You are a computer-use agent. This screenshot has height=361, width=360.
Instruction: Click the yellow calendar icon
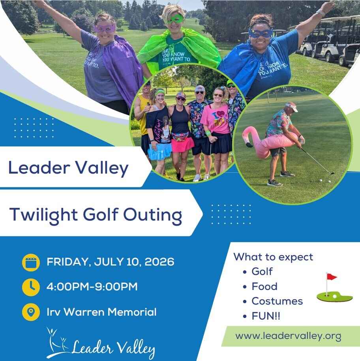tap(31, 263)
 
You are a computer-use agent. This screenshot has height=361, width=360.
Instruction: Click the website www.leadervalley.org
tap(288, 336)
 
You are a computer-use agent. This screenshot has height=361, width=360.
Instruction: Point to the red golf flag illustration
tap(331, 277)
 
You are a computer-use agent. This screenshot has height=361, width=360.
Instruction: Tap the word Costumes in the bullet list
tap(277, 301)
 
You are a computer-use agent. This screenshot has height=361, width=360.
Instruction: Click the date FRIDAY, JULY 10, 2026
tap(110, 262)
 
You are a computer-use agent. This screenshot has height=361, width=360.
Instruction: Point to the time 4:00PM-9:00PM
tap(92, 287)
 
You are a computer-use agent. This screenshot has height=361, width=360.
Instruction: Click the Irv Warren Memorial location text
tap(101, 312)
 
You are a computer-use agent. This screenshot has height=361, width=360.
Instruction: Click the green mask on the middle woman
tap(175, 19)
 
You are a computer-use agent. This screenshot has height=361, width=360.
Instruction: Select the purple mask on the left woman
tap(105, 28)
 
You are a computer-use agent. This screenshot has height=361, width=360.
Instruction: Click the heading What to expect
tap(273, 257)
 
